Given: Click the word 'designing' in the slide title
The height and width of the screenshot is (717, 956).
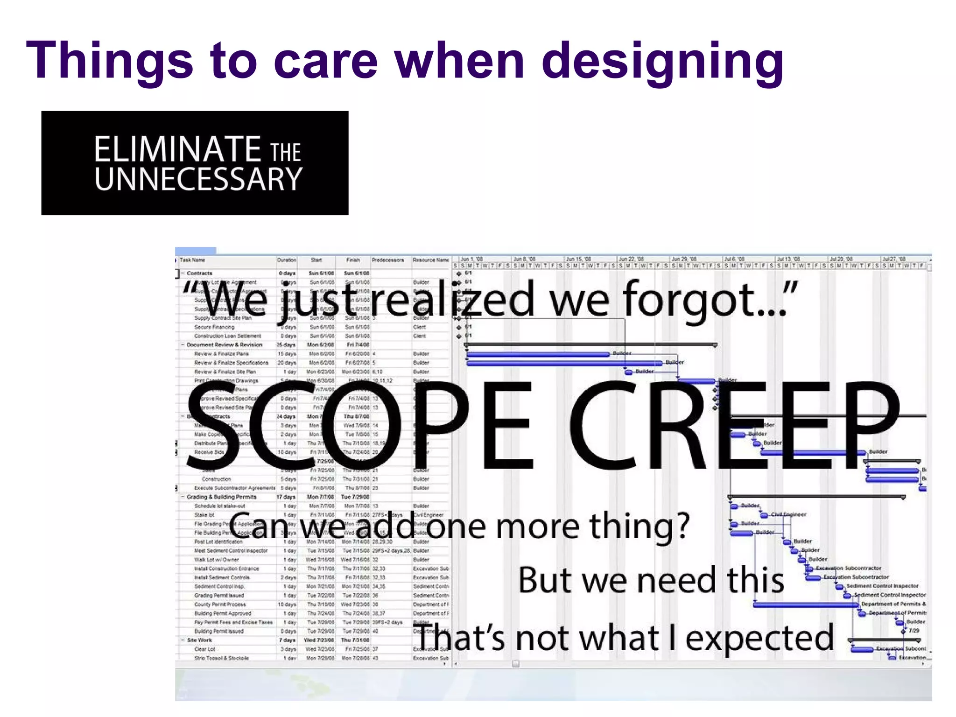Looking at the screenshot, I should coord(662,61).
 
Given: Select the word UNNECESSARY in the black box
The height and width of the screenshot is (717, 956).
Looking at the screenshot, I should coord(199,179).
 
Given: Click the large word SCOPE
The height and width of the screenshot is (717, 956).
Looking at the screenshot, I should coord(359,425).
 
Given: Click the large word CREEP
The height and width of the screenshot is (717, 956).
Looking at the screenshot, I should coord(733,425).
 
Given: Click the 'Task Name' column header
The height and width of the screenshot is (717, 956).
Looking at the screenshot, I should coord(192,260).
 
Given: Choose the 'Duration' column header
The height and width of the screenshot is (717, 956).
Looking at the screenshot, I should coord(287,260).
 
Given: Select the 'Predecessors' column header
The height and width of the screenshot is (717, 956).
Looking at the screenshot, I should coord(387,260).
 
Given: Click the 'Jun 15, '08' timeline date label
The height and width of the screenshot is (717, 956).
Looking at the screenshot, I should coord(578,259).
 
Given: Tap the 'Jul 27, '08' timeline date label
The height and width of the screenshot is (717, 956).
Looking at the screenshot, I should coord(894,259).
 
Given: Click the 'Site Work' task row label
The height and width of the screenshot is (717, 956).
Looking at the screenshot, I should coord(199,640).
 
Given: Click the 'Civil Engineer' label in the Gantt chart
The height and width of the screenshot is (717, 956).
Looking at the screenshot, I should coord(788,514).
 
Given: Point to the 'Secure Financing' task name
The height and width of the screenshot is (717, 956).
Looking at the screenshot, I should coord(214,327).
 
